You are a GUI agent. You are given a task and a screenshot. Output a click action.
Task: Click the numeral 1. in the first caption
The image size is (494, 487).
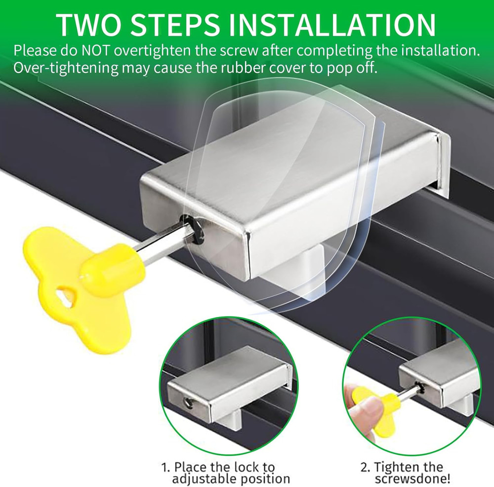click(x=166, y=467)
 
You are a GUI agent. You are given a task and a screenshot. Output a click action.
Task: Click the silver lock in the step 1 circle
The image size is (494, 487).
click(x=227, y=385)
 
